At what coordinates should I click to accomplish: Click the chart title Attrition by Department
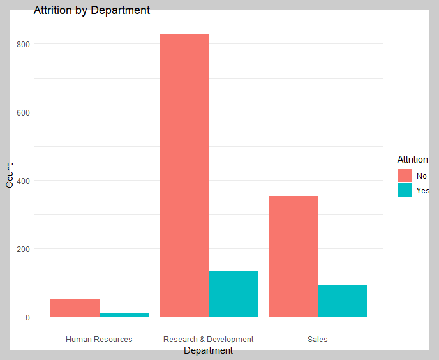pos(92,10)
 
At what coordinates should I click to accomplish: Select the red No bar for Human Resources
pos(75,308)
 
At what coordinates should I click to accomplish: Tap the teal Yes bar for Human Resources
pos(124,315)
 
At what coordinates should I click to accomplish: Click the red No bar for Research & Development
pos(184,175)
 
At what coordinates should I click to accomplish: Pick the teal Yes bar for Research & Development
pos(234,294)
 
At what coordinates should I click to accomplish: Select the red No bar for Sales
pos(293,257)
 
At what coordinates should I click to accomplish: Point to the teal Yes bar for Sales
pos(342,301)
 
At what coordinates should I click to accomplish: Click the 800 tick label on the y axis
pos(23,44)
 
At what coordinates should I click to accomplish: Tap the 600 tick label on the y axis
pos(23,112)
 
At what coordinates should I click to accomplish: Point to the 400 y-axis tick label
pos(23,181)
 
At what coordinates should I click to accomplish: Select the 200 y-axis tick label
pos(23,249)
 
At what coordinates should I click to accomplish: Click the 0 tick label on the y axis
pos(27,317)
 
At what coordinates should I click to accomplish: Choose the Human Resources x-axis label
pos(99,340)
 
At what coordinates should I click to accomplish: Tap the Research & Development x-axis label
pos(208,340)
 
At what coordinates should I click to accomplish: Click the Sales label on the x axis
pos(318,340)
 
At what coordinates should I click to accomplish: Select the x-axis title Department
pos(208,350)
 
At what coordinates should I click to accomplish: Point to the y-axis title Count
pos(10,176)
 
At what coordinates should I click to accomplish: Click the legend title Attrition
pos(412,160)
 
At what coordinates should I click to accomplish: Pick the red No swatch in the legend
pos(405,176)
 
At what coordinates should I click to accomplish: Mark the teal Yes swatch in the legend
pos(405,190)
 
